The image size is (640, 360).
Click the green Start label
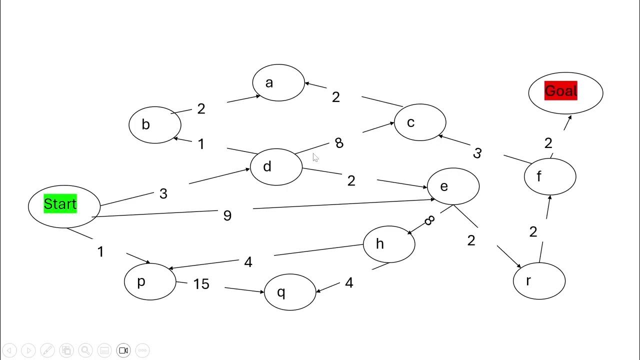(60, 204)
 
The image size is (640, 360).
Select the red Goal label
(560, 91)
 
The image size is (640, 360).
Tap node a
(278, 82)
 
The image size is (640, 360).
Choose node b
(154, 124)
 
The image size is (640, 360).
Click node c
(419, 122)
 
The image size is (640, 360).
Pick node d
(275, 166)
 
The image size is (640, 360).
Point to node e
(452, 186)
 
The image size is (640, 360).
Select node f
(549, 176)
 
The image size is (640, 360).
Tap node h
(388, 244)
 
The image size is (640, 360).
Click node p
(149, 281)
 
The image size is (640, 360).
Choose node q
(289, 292)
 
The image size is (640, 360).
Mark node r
(538, 281)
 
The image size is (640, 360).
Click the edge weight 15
(201, 284)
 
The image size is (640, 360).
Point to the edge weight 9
(227, 215)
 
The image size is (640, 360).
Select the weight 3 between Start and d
(163, 194)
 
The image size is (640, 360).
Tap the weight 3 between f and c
(477, 153)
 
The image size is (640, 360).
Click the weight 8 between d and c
(339, 143)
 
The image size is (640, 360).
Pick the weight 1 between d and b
(201, 144)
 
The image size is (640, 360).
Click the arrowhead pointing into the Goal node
(569, 118)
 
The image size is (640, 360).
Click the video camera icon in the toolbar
(123, 350)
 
